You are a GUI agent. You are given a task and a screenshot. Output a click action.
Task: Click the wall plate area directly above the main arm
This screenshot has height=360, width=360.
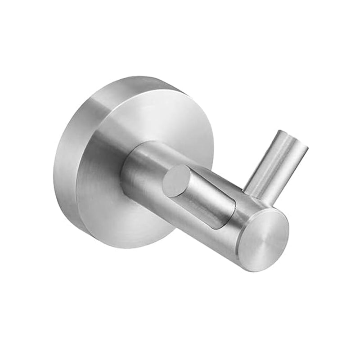[x=166, y=117]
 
